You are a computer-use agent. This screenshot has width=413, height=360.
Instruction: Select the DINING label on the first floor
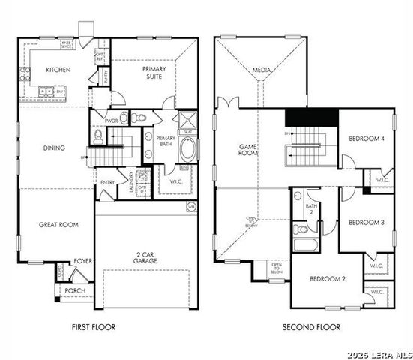point(54,148)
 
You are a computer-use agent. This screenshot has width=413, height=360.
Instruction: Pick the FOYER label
point(82,262)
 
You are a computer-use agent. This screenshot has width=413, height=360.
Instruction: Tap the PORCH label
point(75,290)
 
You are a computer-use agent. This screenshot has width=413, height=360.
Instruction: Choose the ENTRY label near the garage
point(108,182)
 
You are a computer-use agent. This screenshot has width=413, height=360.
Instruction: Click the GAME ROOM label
point(248,150)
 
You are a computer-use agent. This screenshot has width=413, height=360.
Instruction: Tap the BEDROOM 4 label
point(367,139)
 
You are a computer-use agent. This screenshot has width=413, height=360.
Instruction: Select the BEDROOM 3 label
point(367,223)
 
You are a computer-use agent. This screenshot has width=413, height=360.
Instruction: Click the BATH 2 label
point(311,208)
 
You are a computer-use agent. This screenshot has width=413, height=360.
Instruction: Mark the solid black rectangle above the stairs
point(311,118)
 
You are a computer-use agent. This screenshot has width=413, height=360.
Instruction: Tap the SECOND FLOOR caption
point(311,327)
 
